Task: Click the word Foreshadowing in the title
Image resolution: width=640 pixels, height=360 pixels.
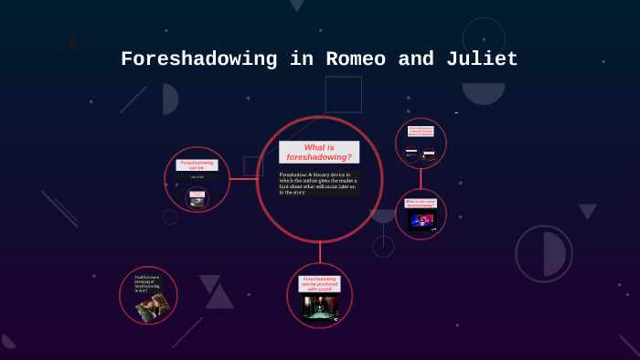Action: pos(198,59)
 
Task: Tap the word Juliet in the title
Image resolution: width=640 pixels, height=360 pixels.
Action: pos(482,59)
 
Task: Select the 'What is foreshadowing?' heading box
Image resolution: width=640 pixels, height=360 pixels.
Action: pos(319,153)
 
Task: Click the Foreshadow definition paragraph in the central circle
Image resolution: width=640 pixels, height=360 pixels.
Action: pos(319,183)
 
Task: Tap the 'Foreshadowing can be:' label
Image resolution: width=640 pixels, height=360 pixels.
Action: pos(197,164)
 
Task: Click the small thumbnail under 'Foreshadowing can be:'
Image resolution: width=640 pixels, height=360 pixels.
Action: pos(197,197)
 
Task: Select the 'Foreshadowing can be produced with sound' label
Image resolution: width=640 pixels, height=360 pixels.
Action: pos(319,284)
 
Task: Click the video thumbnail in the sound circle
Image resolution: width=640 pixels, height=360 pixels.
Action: pos(319,308)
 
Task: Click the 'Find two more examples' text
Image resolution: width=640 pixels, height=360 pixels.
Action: pos(146,283)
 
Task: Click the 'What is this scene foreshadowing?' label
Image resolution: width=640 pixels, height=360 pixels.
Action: pos(421,203)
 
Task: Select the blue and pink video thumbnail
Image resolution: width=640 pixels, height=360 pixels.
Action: pos(421,220)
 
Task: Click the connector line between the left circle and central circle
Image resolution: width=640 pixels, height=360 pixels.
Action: pos(243,179)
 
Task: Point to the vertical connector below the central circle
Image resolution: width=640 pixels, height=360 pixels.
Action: pos(320,252)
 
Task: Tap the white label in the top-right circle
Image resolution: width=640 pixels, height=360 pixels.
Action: pos(421,132)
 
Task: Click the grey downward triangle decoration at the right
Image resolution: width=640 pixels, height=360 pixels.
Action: pos(587,211)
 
